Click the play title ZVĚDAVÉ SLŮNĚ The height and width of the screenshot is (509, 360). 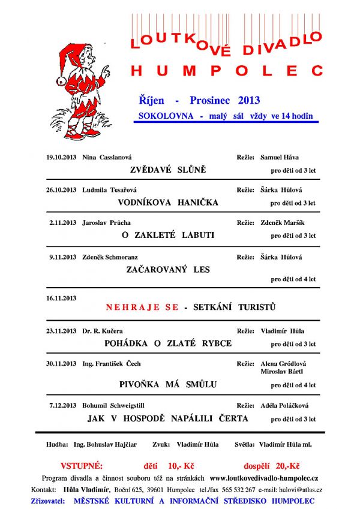click(168, 170)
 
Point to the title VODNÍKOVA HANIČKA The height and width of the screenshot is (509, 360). click(168, 203)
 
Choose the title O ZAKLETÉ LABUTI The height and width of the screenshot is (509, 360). click(168, 236)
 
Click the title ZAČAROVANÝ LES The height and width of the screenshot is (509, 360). click(168, 270)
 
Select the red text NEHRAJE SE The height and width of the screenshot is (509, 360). click(142, 308)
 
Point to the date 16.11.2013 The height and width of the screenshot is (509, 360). click(61, 298)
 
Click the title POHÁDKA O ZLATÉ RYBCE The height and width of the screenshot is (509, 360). click(168, 344)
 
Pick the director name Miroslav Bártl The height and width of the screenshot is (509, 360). click(281, 372)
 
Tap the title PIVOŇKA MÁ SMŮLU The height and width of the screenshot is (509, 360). click(168, 384)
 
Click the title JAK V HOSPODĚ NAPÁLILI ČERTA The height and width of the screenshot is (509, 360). click(168, 418)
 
